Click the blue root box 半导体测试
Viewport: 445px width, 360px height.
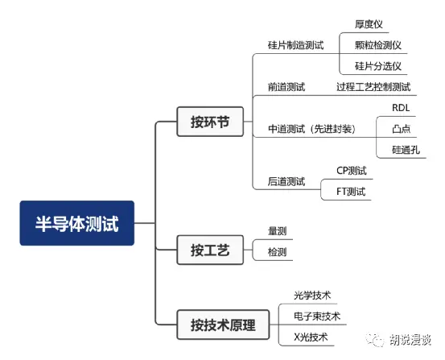click(x=77, y=223)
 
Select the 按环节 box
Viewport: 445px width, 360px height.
click(x=210, y=122)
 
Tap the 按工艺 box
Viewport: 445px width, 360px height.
click(x=210, y=250)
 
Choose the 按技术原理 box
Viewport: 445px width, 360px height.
click(x=223, y=325)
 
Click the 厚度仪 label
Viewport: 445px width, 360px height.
click(x=369, y=24)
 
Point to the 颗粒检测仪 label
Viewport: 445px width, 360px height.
click(x=378, y=45)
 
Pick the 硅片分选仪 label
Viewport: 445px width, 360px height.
click(x=378, y=66)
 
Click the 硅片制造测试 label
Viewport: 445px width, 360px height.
click(x=295, y=45)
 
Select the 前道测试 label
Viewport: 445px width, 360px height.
click(x=286, y=87)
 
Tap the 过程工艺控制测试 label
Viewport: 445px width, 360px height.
click(x=373, y=87)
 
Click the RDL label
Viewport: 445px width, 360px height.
click(x=401, y=108)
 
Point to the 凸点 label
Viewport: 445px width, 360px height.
click(x=402, y=129)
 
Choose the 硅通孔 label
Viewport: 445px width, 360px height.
click(x=406, y=150)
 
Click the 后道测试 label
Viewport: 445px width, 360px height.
click(x=286, y=181)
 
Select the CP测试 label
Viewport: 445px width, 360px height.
click(x=352, y=171)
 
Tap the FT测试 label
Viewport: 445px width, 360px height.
click(x=351, y=192)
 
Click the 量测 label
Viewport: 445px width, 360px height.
click(x=278, y=230)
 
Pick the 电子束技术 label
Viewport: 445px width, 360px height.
click(x=317, y=316)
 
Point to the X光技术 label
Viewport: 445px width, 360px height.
click(x=311, y=337)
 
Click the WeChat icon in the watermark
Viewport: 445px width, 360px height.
click(x=375, y=340)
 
